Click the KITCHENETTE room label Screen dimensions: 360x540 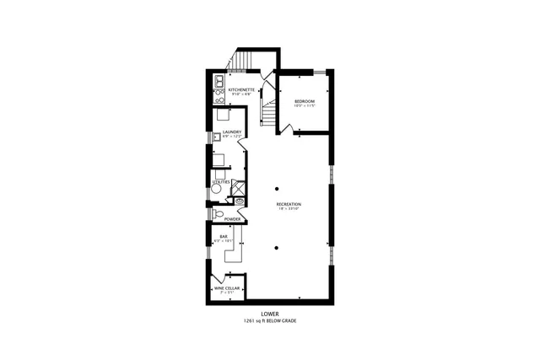(x=240, y=89)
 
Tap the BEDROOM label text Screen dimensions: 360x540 (x=304, y=101)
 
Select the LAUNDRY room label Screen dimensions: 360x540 (x=232, y=132)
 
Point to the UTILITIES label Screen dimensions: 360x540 (x=220, y=181)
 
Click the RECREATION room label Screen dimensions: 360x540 (x=289, y=205)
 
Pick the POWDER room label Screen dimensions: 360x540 (x=232, y=219)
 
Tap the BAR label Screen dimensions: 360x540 (x=224, y=236)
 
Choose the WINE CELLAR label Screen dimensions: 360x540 (x=224, y=288)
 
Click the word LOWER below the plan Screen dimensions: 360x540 (x=270, y=314)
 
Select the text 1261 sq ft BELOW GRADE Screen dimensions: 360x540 (x=270, y=321)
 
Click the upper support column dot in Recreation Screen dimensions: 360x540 (x=277, y=187)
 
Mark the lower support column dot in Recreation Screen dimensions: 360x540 (x=277, y=248)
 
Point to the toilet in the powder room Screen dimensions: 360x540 (x=218, y=213)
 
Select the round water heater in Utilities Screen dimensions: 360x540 (x=216, y=191)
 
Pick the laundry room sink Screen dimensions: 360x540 (x=217, y=137)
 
